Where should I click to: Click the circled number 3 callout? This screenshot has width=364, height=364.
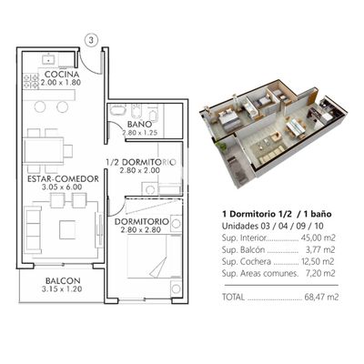pos(91,40)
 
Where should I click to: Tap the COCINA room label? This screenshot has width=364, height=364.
pos(62,74)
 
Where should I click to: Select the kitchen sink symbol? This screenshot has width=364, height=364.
pos(48,58)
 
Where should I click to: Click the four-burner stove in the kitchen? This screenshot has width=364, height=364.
pos(31,81)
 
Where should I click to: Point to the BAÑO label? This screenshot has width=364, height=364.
pos(139,124)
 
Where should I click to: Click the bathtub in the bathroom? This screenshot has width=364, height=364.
pos(117,109)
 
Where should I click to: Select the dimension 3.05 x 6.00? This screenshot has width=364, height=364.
pos(62,187)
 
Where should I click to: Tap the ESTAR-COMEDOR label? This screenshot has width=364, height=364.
pos(63,178)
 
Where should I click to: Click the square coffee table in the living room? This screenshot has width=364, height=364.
pos(67,229)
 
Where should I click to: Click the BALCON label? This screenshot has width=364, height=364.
pos(63,281)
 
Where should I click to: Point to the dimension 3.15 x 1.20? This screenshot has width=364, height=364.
pos(62,289)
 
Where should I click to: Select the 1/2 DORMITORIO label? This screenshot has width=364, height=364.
pos(141,162)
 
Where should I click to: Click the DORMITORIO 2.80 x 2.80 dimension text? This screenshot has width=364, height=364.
pos(140,230)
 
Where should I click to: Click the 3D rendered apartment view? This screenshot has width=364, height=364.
pos(273,133)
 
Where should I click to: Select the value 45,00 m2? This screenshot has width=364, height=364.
pos(318,238)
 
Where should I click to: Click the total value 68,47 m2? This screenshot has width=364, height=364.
pos(321,297)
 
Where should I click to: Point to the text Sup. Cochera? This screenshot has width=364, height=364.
pos(247,261)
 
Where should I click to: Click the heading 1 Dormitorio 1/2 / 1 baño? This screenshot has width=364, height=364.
pos(277,214)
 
